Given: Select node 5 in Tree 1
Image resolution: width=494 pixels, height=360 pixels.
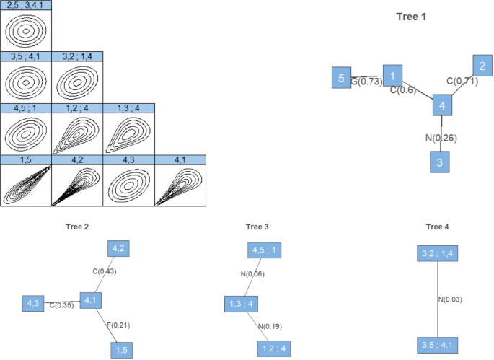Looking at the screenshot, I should click(340, 77).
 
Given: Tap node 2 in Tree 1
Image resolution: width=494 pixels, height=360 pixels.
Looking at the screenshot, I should click(482, 66).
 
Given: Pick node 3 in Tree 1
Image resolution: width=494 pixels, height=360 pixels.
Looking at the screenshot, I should click(440, 162).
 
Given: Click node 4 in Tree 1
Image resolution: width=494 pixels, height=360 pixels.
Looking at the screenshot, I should click(442, 106).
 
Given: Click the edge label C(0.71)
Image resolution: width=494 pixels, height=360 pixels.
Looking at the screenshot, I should click(462, 81).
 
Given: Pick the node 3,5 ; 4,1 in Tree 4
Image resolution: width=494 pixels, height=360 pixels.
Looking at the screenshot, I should click(438, 344).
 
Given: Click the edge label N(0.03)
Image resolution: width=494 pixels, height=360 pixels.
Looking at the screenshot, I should click(451, 299).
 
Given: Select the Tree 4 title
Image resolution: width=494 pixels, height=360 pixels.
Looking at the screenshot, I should click(437, 227).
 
